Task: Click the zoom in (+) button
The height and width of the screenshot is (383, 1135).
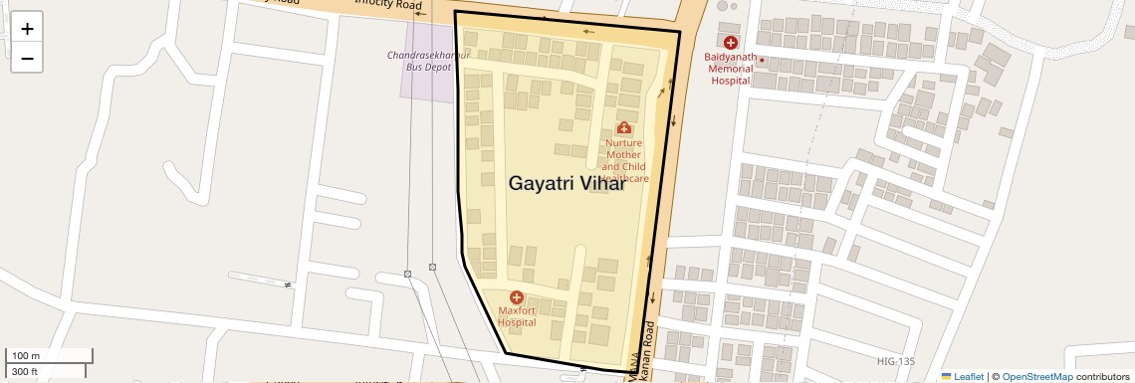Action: (27, 29)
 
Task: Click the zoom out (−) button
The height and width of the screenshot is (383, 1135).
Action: (27, 59)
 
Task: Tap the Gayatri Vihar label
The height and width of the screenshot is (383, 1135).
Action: (567, 183)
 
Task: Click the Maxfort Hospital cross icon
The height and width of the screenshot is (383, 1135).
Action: (517, 297)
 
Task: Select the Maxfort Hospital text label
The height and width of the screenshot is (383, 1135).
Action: (517, 316)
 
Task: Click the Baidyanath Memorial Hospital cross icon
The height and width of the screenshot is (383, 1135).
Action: (731, 43)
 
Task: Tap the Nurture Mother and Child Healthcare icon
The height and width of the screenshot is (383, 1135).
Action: (624, 127)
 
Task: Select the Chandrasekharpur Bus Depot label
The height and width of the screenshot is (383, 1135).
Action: (429, 60)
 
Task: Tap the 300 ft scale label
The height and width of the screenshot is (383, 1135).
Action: (24, 372)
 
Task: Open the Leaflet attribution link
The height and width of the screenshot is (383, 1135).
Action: (962, 376)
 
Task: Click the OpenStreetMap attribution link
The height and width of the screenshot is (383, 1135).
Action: (1037, 376)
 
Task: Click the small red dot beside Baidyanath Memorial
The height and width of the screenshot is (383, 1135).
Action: (762, 60)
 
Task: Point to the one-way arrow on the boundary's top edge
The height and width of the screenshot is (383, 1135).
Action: (588, 32)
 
